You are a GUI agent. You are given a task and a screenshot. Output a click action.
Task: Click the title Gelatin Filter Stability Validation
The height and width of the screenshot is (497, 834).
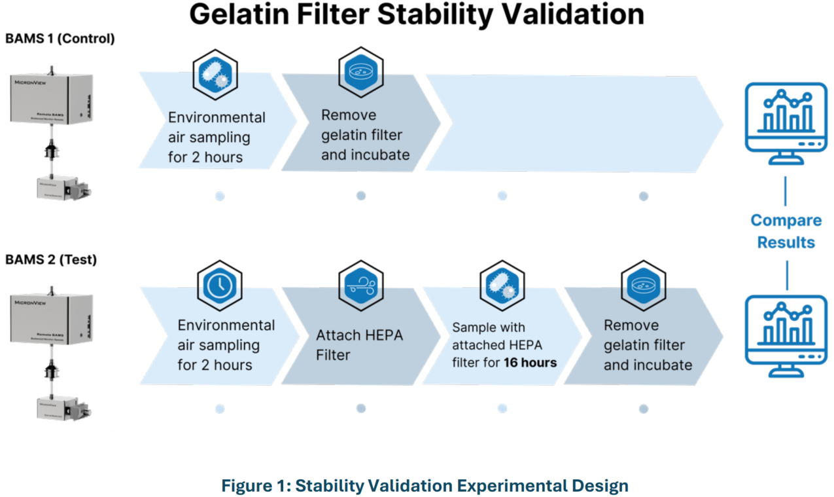point(416,15)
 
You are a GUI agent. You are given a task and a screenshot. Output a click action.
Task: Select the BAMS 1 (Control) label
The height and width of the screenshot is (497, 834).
point(60,39)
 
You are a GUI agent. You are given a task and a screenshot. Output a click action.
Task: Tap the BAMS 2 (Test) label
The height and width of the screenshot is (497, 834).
point(51,260)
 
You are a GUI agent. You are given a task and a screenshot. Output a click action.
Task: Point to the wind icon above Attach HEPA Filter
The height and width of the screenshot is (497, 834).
point(360,286)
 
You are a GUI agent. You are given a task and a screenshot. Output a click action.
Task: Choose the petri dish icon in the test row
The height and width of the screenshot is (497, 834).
point(643,286)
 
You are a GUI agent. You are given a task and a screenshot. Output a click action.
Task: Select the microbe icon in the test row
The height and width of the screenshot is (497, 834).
point(502,286)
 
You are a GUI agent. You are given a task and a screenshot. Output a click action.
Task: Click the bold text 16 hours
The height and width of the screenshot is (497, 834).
point(530,362)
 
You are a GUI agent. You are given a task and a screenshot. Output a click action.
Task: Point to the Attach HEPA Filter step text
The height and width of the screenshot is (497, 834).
point(360,345)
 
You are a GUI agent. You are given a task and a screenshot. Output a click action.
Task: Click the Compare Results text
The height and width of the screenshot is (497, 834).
point(786,231)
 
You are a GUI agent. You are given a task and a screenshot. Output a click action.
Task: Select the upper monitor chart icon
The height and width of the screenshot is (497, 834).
point(786,122)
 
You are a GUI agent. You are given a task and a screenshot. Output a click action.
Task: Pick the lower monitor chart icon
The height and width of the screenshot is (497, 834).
point(786,335)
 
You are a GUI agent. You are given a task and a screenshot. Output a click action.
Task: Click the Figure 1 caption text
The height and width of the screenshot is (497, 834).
point(425,486)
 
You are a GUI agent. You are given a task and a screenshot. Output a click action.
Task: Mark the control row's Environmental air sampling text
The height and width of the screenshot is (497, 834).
point(217,138)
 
